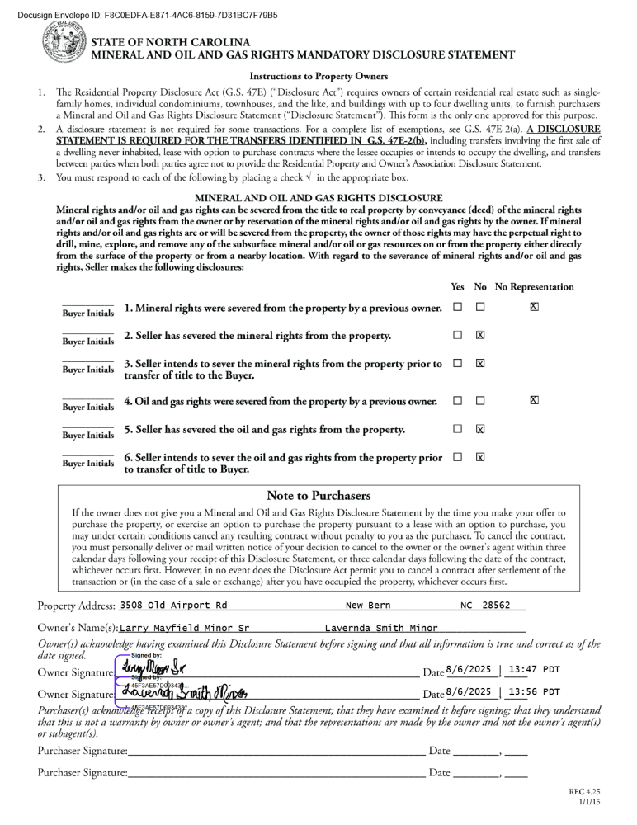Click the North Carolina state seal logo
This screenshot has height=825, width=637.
point(63,46)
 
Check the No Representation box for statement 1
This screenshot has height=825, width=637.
point(535,308)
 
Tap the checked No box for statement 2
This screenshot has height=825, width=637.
point(480,336)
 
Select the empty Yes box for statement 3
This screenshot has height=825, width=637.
point(457,364)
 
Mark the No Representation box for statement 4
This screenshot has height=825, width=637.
point(535,401)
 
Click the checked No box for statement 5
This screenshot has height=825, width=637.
point(480,430)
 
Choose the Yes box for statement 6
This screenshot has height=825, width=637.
point(457,457)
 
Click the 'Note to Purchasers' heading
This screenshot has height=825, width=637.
point(318,496)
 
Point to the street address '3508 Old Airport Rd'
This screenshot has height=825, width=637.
point(173,606)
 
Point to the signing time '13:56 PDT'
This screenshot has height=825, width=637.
point(535,692)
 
